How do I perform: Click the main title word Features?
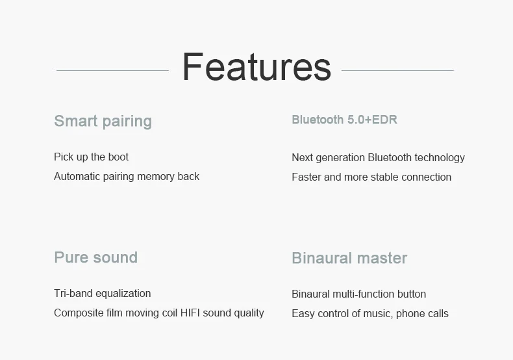(x=257, y=67)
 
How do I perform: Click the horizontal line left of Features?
(x=112, y=70)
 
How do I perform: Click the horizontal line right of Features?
(x=397, y=70)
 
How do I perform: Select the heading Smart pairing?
(x=103, y=122)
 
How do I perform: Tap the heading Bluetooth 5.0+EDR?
(x=345, y=120)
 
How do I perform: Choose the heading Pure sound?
(x=96, y=257)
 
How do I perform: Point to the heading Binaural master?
(x=349, y=258)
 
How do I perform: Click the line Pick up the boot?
(x=92, y=157)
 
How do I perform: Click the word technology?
(x=440, y=158)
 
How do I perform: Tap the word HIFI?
(x=190, y=313)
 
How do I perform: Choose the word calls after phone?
(x=437, y=313)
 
